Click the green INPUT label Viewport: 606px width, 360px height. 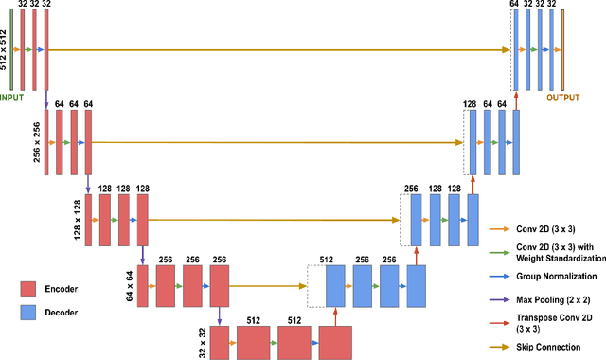pos(12,96)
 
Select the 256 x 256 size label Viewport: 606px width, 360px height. pos(37,142)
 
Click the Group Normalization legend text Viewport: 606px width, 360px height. pos(557,276)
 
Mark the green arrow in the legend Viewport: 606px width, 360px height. pos(499,251)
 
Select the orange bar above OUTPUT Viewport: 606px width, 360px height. pos(561,49)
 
